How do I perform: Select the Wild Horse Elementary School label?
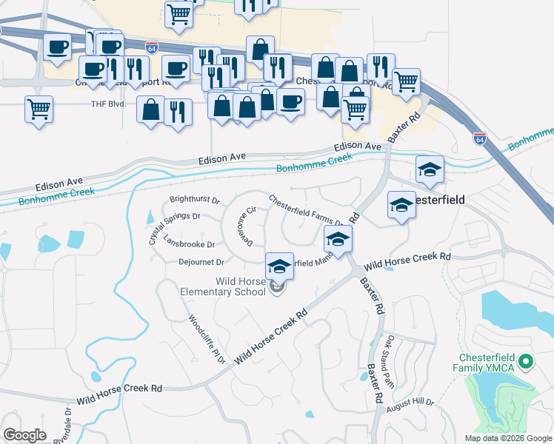click(x=222, y=286)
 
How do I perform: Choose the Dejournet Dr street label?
click(x=201, y=261)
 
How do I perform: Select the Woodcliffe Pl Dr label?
click(x=207, y=340)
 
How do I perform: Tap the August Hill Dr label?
click(x=415, y=402)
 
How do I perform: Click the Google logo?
click(x=24, y=435)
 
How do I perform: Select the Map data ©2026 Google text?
click(x=507, y=438)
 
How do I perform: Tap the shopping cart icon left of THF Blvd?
click(x=39, y=110)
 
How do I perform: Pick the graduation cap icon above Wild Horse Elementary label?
click(x=280, y=266)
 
